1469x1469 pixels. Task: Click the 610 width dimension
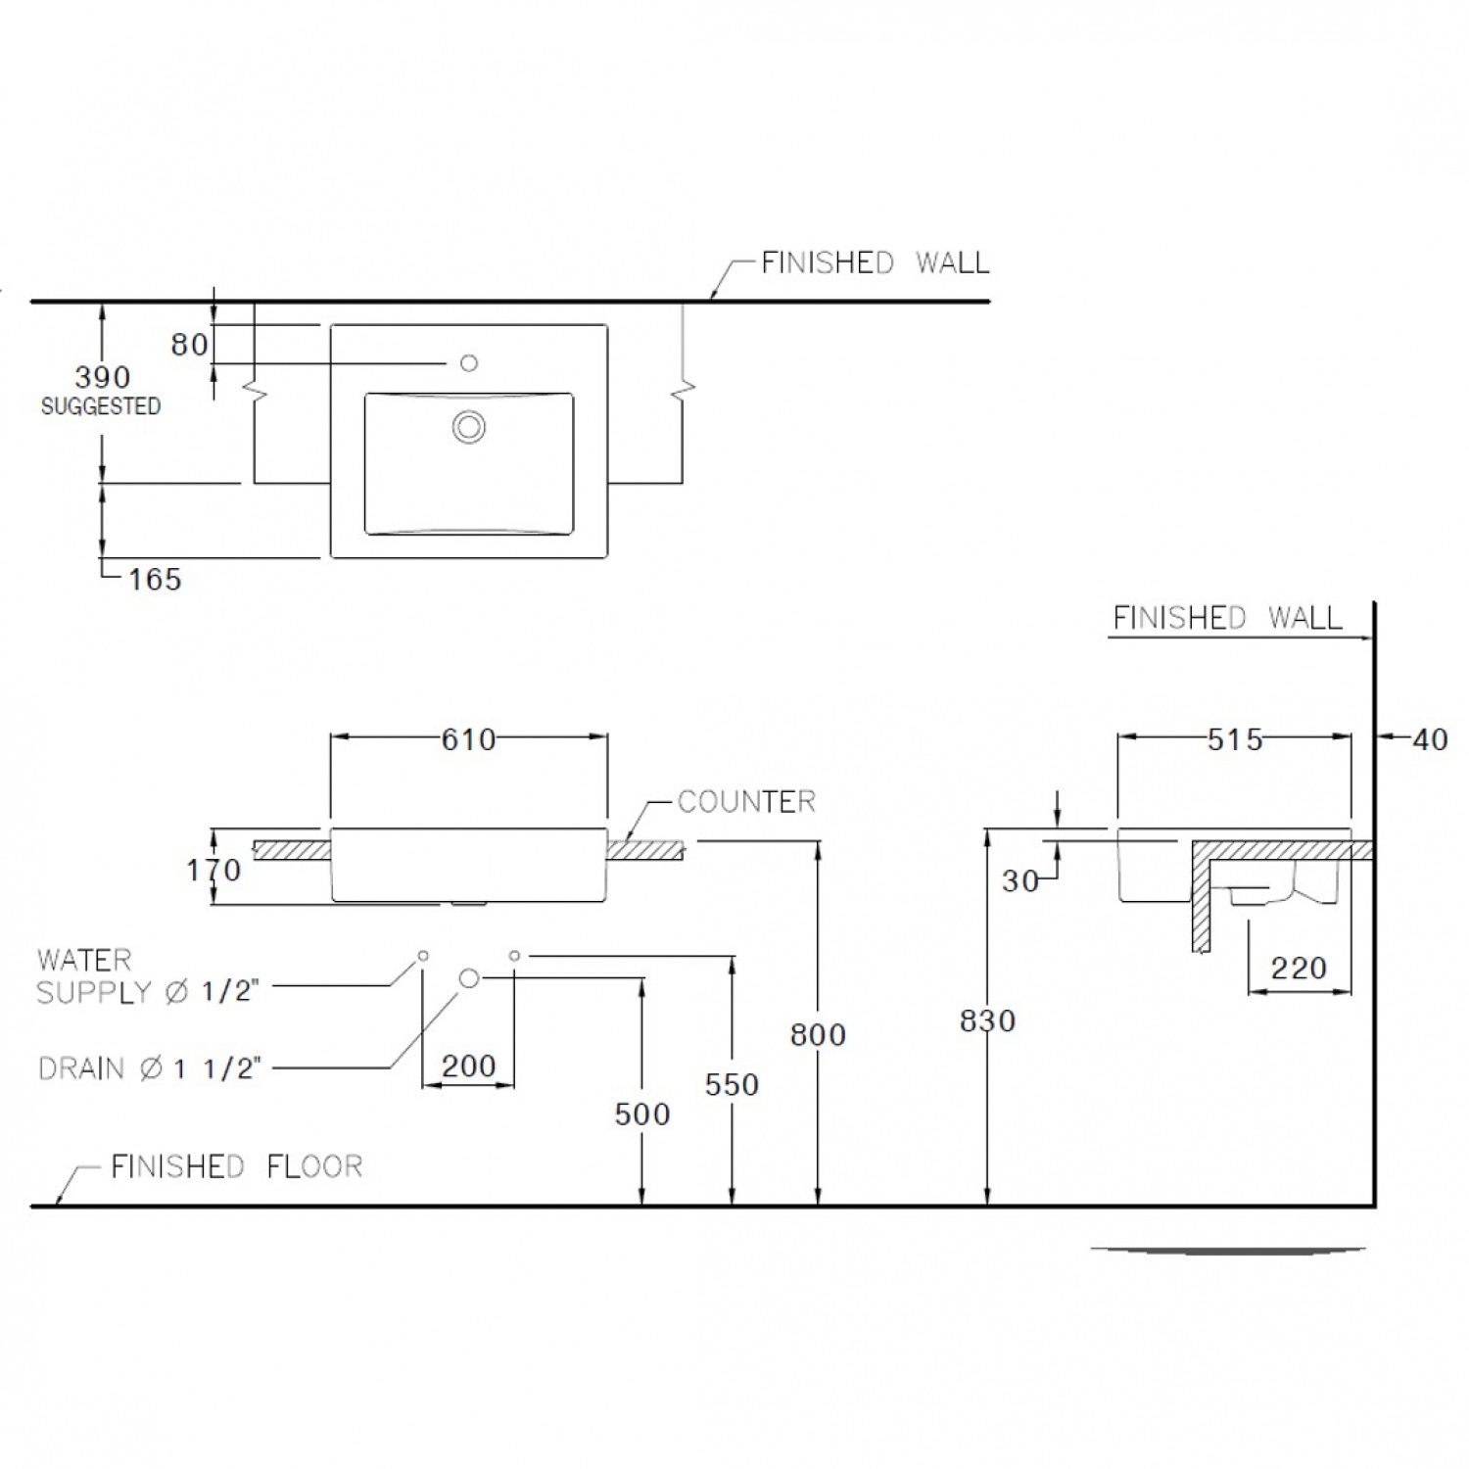point(468,739)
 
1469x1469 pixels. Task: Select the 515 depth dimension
point(1235,739)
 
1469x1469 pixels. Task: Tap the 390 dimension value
point(103,377)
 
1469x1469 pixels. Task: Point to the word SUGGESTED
point(101,406)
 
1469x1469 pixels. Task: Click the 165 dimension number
point(155,580)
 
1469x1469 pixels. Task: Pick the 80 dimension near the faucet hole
point(189,345)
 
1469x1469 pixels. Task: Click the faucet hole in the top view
point(469,363)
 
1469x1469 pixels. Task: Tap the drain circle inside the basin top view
point(469,427)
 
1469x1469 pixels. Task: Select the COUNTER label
point(746,802)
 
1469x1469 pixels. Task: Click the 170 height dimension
point(213,870)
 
